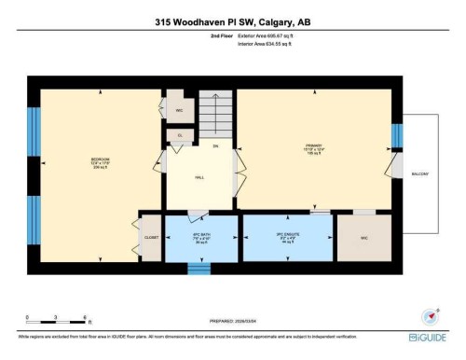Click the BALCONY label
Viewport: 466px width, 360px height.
pos(421,174)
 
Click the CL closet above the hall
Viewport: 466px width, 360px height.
pos(179,136)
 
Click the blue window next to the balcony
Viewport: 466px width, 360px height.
pos(396,136)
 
